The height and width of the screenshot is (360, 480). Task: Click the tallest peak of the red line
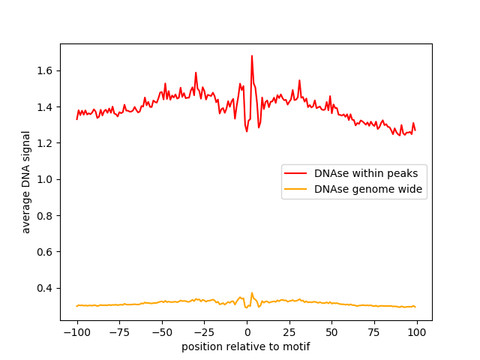coord(252,55)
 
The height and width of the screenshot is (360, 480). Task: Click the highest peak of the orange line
coord(252,293)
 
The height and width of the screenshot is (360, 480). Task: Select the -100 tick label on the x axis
coord(76,331)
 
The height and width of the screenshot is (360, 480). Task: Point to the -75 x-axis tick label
coord(119,331)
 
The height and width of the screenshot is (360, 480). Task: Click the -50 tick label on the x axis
coord(161,331)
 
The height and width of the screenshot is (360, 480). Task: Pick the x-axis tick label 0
coord(247,331)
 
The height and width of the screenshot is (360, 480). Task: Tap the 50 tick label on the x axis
coord(331,331)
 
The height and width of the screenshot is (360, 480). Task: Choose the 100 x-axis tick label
coord(416,331)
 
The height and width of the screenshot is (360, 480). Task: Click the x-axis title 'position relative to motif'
coord(246,346)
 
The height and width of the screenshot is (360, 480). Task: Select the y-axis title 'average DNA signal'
coord(26,182)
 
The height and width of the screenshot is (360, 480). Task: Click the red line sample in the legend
coord(297,173)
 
